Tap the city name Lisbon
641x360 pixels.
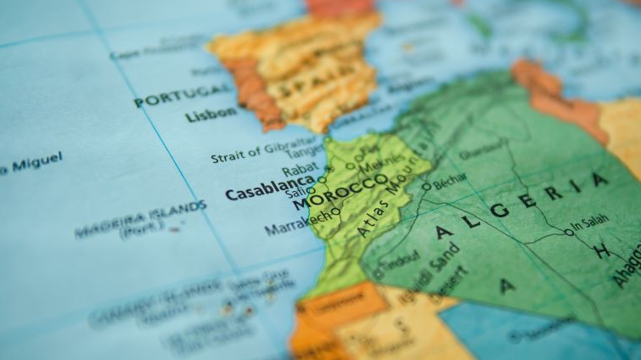pos(211,115)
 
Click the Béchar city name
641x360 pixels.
pos(450,182)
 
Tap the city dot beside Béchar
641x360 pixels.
pos(426,186)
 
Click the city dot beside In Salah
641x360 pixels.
pos(568,231)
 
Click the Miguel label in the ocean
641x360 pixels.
pos(31,163)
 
